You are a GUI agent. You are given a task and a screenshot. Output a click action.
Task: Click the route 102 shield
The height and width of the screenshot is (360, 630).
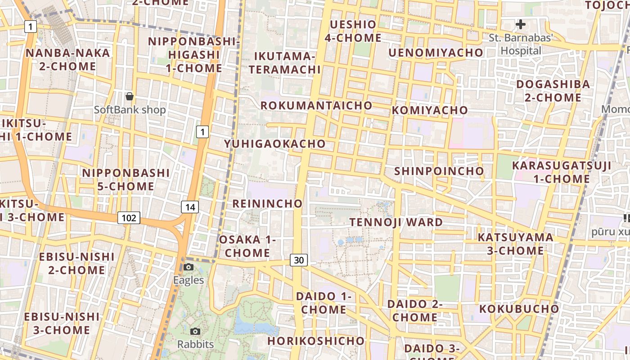coord(129,218)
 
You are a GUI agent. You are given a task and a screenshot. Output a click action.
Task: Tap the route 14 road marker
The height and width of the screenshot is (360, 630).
coord(190,207)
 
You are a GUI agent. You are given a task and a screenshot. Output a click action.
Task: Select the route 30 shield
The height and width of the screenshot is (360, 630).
coord(299,260)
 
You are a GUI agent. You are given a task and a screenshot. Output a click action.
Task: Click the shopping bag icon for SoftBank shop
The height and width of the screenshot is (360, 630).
coord(130,96)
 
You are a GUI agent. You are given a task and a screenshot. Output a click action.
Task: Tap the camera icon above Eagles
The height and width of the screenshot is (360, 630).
coord(189,267)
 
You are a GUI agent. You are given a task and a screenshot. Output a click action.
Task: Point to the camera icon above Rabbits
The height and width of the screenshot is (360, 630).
coord(195,332)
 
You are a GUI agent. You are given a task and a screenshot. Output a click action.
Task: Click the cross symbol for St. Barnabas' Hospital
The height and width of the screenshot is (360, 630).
coord(521,24)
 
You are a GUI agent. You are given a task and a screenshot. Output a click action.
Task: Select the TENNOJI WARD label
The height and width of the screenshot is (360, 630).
coord(396,222)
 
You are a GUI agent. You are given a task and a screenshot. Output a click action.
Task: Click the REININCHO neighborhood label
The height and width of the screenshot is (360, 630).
coord(267,203)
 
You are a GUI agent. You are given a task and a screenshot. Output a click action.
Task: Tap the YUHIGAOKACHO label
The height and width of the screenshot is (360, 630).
coord(275,144)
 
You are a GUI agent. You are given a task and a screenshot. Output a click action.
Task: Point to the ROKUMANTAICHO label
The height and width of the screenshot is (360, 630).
coord(317,106)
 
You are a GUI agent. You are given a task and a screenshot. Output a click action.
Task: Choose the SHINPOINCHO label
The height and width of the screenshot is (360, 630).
coord(439,171)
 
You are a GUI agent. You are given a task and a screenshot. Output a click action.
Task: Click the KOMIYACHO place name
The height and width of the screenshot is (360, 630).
coord(430,110)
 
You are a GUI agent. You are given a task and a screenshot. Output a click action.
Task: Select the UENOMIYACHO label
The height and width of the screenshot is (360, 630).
coord(436,53)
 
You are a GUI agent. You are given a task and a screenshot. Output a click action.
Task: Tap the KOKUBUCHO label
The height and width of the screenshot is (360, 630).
coord(519,309)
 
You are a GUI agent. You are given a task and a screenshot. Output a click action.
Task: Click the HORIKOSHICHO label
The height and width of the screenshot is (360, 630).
coord(315,341)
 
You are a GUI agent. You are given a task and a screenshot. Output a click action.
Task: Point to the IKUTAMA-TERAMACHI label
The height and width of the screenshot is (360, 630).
coord(285,63)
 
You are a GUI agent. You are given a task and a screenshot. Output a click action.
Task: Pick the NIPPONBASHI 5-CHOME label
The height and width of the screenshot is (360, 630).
coord(126,180)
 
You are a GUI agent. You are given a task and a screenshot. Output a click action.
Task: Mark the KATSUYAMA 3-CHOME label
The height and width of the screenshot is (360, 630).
coord(516,244)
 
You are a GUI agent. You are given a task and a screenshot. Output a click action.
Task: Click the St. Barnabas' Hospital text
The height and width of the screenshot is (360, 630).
coord(521,44)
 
